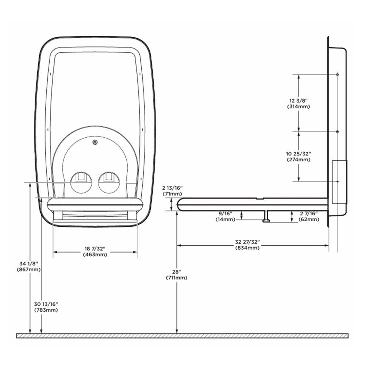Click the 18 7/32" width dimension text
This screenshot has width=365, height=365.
95,249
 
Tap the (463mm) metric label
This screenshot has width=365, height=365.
95,254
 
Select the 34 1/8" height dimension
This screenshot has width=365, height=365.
28,264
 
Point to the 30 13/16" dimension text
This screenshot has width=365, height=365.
46,304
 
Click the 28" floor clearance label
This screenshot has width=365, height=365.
177,272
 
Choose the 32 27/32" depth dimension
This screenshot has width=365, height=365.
247,242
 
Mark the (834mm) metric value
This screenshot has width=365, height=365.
247,248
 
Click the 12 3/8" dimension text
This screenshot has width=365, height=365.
299,100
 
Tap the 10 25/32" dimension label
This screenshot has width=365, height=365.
299,154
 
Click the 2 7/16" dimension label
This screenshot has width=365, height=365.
309,213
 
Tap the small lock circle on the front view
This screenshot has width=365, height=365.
95,142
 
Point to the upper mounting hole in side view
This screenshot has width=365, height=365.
337,74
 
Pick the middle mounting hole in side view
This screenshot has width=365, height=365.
337,131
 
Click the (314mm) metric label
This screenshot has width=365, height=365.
299,107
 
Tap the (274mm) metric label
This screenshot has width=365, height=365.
299,160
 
